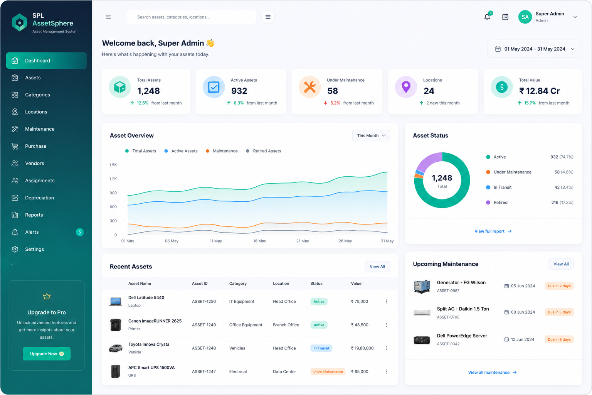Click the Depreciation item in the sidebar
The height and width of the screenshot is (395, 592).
pos(39,197)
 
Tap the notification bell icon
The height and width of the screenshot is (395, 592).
pos(487,17)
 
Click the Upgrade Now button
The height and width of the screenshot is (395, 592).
pos(47,354)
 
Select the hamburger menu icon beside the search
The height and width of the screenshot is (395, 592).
pos(108,17)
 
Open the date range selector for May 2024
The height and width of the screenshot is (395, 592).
pos(535,49)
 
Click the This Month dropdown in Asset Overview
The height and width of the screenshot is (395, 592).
pos(371,135)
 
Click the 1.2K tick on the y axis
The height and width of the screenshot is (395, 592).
pos(113,179)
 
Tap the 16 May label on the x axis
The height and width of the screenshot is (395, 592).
pos(259,241)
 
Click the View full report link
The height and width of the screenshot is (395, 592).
pos(493,231)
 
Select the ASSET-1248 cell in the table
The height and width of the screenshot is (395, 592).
pos(204,348)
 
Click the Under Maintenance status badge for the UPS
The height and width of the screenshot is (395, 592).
pos(328,371)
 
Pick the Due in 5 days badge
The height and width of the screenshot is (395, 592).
pos(559,312)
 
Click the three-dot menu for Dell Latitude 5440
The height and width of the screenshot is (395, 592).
pos(386,301)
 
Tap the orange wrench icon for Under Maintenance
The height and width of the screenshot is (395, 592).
pos(309,87)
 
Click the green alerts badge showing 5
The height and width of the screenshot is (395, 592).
pos(79,232)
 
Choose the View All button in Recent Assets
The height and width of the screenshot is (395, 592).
pos(377,267)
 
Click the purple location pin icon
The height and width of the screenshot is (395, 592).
pos(406,87)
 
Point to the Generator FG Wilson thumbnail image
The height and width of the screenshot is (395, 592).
pos(422,287)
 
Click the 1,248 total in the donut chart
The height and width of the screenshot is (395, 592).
pos(442,178)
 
